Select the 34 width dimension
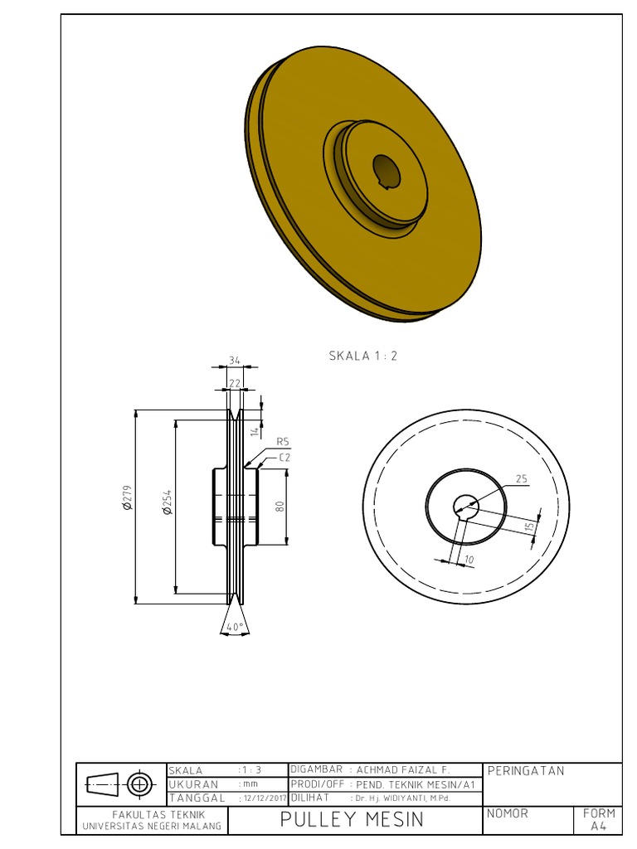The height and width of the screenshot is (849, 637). (235, 360)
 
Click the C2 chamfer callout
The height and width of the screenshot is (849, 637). (284, 457)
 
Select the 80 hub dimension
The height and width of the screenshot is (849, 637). (280, 505)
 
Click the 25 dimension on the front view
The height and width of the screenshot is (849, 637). (522, 478)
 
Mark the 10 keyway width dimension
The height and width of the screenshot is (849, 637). (469, 560)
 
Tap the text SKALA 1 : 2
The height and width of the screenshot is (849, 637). (363, 356)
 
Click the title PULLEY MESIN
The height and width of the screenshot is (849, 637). (352, 820)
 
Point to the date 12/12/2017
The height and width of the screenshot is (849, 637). (262, 798)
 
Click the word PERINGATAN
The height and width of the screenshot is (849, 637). (526, 771)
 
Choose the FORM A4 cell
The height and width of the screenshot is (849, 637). (599, 819)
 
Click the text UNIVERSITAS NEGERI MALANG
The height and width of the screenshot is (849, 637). (152, 827)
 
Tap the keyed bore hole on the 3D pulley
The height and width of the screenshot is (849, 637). (386, 171)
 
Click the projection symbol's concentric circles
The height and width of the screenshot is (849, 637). (139, 783)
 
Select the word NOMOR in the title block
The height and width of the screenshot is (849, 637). (508, 813)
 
